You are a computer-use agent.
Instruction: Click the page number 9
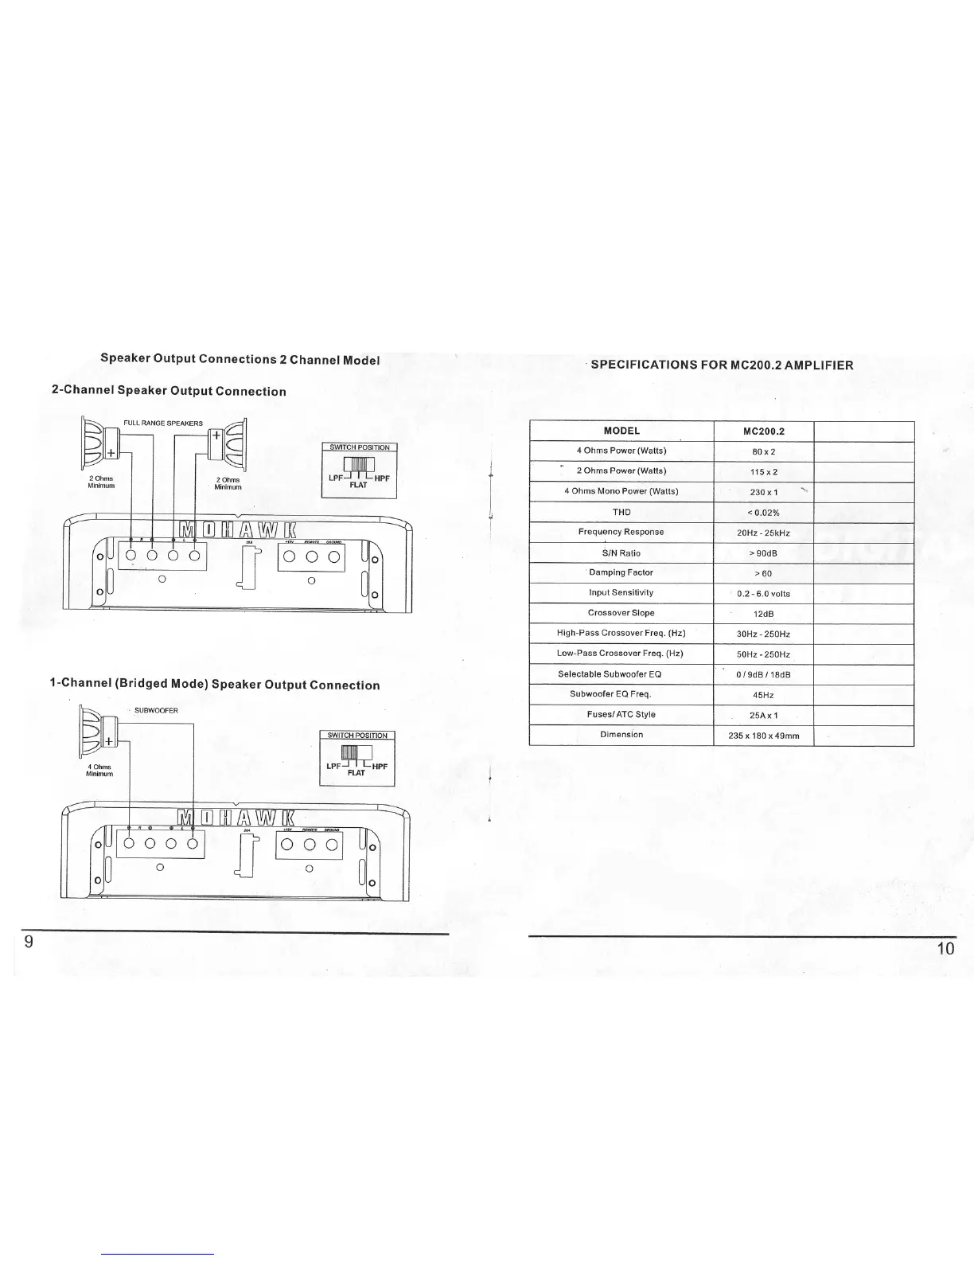[29, 943]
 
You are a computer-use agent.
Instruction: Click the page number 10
[945, 947]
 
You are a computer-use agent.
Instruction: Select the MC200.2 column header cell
[763, 431]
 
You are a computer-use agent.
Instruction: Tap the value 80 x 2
[763, 451]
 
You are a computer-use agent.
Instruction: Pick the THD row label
[621, 512]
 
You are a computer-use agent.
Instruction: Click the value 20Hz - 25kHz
[763, 533]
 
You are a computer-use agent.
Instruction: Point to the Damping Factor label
[621, 572]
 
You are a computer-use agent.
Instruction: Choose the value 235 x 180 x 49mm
[763, 736]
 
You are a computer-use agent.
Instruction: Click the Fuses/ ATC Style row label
[621, 714]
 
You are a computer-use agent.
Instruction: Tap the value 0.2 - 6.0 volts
[763, 594]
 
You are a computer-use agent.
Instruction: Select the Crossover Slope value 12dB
[763, 614]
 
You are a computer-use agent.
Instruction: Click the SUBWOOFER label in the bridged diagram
[156, 710]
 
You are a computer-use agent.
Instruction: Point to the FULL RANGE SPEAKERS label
[163, 424]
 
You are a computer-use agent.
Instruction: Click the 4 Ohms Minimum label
[99, 769]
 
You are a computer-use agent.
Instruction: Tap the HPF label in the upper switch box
[382, 478]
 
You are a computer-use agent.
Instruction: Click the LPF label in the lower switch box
[333, 767]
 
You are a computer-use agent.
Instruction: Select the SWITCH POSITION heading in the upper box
[360, 447]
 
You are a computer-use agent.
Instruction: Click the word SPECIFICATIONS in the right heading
[645, 365]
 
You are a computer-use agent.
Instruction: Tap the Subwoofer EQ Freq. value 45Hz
[763, 695]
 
